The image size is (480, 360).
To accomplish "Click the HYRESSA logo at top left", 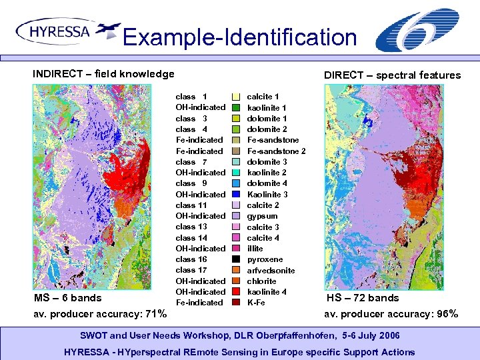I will [67, 31].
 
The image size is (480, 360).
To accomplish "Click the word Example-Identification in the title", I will [240, 37].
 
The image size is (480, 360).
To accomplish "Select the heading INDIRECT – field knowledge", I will [103, 74].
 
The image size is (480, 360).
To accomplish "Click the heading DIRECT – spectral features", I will [392, 75].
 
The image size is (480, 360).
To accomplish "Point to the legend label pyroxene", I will [265, 259].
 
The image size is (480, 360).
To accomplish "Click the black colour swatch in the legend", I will [236, 259].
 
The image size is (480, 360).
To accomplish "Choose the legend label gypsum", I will [262, 216].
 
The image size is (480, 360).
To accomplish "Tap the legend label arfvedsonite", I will [271, 270].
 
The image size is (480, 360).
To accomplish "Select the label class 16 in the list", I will [191, 259].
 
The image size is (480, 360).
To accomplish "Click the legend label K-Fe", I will [256, 303].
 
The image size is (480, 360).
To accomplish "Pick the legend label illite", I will [255, 249].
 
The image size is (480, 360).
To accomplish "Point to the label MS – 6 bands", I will [68, 297].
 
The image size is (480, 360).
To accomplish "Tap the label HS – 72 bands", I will [363, 297].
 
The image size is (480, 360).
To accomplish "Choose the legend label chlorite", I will [261, 281].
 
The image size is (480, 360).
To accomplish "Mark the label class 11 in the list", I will [191, 205].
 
